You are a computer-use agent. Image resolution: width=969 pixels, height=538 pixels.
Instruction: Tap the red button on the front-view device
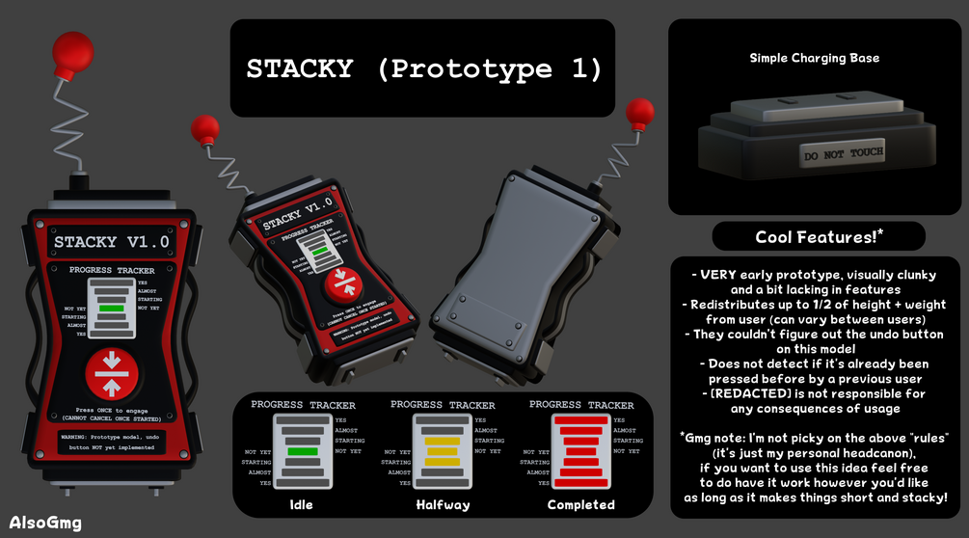[x=114, y=375]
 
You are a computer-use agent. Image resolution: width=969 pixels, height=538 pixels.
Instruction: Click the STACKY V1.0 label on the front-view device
[x=112, y=242]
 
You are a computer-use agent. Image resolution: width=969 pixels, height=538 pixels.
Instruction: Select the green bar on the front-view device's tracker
[x=114, y=309]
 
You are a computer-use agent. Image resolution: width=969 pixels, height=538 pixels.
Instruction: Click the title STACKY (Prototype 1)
[x=423, y=69]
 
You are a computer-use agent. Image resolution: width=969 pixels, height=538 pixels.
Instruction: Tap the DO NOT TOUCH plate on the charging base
[x=843, y=153]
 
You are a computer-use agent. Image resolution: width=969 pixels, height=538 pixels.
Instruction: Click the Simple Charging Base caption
[x=814, y=58]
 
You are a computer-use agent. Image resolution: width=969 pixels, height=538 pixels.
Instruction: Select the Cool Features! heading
[x=819, y=237]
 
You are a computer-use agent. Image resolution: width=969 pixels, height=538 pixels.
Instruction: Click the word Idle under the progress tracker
[x=302, y=504]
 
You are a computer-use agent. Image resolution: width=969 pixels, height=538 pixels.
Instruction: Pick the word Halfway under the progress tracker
[x=443, y=504]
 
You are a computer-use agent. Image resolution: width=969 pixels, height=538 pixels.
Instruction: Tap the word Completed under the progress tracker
[x=580, y=504]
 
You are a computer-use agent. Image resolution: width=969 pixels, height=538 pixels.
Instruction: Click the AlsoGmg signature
[x=45, y=523]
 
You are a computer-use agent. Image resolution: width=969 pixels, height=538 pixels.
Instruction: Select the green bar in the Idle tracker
[x=302, y=451]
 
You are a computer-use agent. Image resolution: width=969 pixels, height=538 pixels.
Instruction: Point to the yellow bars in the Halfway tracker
[x=442, y=451]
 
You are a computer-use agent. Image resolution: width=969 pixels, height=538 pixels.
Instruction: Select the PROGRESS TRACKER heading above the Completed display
[x=581, y=405]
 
